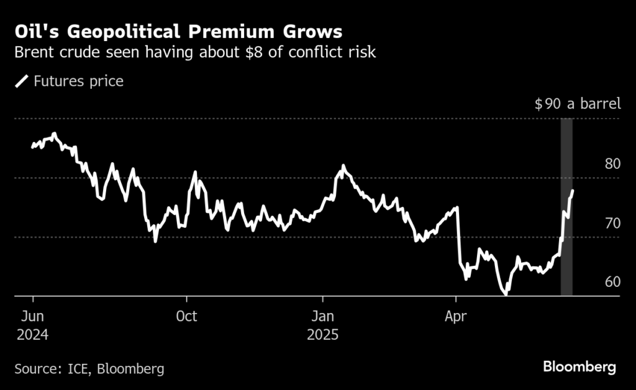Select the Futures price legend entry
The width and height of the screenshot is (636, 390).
point(78,81)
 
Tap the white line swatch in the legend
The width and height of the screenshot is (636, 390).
point(22,81)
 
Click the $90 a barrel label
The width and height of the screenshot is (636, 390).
point(577,104)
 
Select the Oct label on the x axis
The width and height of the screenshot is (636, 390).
point(186,316)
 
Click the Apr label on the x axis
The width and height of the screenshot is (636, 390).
point(456,316)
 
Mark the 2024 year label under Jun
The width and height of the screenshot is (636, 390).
point(32,335)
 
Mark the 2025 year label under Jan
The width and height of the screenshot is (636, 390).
point(323,335)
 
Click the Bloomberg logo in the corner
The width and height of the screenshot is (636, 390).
point(579,367)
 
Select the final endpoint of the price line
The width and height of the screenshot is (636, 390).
point(572,191)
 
